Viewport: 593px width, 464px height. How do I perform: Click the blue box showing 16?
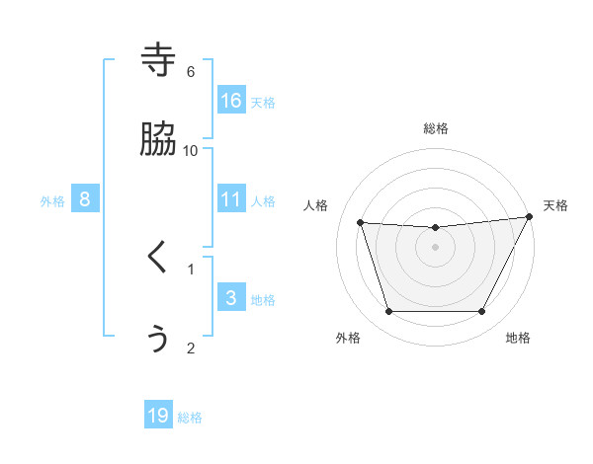point(231,100)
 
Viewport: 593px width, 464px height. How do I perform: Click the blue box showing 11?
point(231,198)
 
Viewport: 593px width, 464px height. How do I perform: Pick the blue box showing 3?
point(231,297)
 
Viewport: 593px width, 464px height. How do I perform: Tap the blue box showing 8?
point(85,198)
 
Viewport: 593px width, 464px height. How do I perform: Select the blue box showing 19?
point(158,416)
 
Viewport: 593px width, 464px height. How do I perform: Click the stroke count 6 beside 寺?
point(191,71)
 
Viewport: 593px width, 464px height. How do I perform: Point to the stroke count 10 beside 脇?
point(191,150)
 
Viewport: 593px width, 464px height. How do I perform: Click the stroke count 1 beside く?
point(191,268)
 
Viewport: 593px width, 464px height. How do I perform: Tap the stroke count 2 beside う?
point(191,348)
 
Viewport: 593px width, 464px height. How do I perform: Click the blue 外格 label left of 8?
point(52,201)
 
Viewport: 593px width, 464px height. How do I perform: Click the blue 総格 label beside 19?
point(190,419)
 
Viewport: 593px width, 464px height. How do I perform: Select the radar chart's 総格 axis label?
point(436,129)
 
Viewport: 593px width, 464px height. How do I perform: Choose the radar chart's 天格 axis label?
point(555,205)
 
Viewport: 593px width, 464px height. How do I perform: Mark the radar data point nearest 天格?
point(530,217)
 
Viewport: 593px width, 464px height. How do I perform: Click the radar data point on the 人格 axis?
point(361,223)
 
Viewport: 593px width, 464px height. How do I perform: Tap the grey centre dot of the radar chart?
point(436,247)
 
